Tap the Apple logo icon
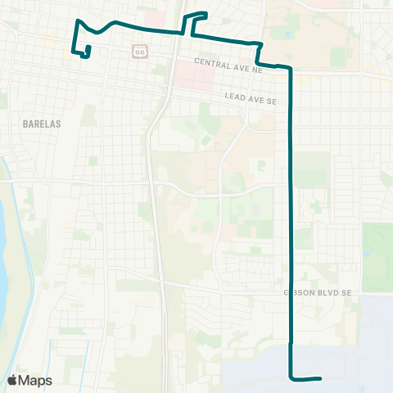tap(12, 380)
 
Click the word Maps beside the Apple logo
tap(36, 380)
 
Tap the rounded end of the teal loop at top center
tap(206, 14)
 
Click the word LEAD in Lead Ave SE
tap(237, 97)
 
